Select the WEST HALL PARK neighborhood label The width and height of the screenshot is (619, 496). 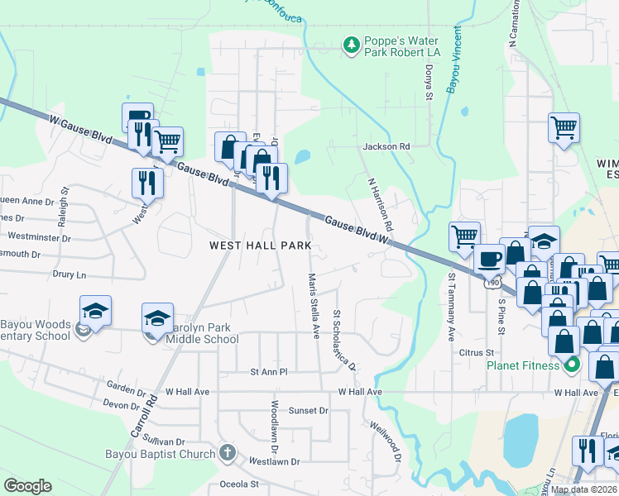click(x=260, y=246)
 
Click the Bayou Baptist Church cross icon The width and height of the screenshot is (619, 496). click(x=228, y=453)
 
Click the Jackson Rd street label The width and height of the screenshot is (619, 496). click(x=386, y=146)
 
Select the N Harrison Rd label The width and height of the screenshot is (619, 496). click(x=381, y=203)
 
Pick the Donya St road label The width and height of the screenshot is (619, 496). click(x=429, y=83)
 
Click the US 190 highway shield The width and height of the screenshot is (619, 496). click(x=492, y=284)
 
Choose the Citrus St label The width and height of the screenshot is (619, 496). click(x=476, y=353)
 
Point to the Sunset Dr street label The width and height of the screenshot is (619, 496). click(x=309, y=410)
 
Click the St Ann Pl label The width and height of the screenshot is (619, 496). click(x=269, y=372)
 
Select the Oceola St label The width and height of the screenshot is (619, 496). click(x=239, y=484)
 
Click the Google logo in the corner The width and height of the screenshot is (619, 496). click(x=27, y=486)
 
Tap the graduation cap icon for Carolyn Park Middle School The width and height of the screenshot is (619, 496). click(x=157, y=317)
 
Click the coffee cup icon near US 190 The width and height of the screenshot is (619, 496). click(x=488, y=258)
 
